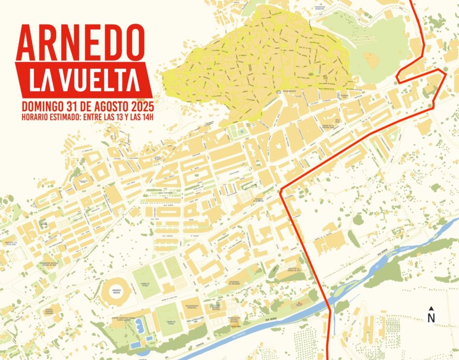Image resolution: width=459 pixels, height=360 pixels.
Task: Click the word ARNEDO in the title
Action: pyautogui.click(x=80, y=43)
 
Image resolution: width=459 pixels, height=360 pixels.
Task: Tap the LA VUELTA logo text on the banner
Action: pyautogui.click(x=84, y=80)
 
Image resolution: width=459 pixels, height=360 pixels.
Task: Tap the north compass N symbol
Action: pyautogui.click(x=431, y=317)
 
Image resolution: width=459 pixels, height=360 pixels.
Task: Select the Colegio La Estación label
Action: pyautogui.click(x=258, y=200)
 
